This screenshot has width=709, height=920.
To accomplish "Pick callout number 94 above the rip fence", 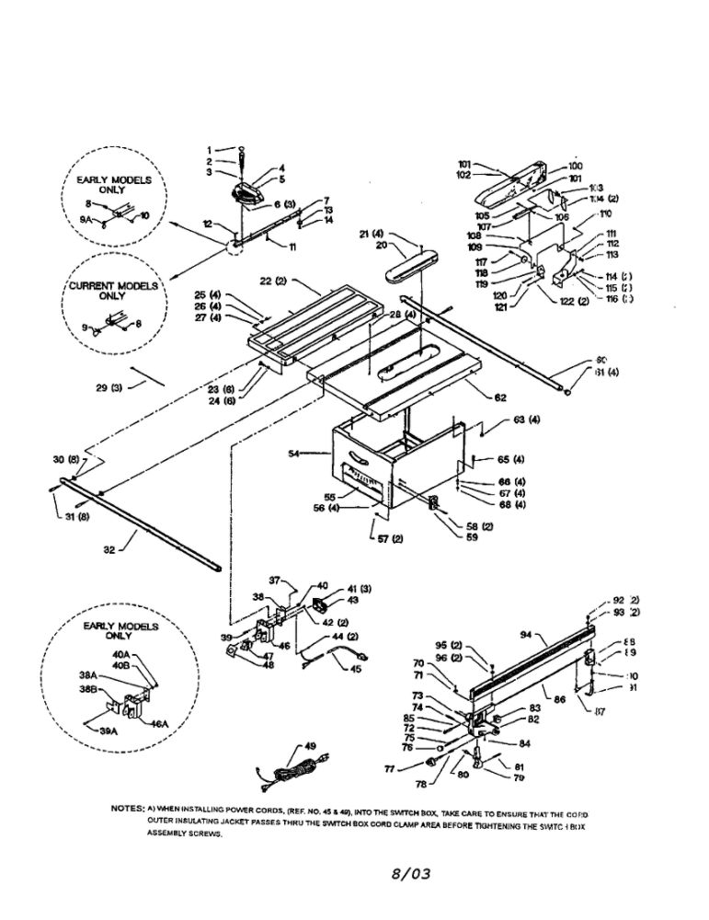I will pyautogui.click(x=526, y=634).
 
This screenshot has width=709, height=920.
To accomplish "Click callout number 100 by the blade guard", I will pyautogui.click(x=577, y=166).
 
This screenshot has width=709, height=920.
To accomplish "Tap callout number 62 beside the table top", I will pyautogui.click(x=500, y=397).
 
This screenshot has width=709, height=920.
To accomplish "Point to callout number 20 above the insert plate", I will pyautogui.click(x=381, y=245).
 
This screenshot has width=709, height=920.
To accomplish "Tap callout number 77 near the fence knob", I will pyautogui.click(x=390, y=765).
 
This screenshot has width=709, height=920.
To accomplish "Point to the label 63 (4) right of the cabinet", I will pyautogui.click(x=527, y=420).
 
